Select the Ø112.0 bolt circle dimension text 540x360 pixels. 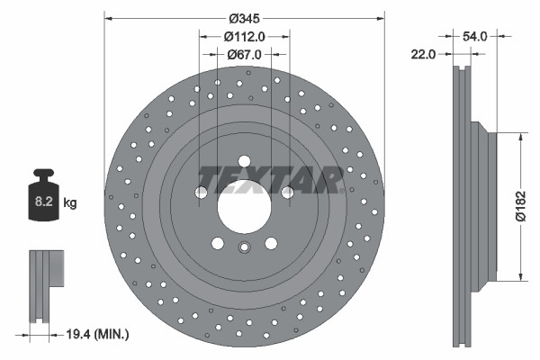point(245,37)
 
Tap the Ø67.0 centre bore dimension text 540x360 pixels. point(245,55)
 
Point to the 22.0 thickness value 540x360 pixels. point(423,55)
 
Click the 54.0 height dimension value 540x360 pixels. point(474,37)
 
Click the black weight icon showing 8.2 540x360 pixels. point(43,193)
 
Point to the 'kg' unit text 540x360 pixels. point(69,203)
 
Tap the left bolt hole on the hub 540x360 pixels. point(200,191)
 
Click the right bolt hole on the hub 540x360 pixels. point(288,191)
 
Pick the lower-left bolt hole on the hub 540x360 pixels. point(217,242)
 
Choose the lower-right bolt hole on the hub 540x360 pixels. point(271,242)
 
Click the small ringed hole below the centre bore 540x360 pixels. point(244,250)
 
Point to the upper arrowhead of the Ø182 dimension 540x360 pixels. point(520,138)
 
